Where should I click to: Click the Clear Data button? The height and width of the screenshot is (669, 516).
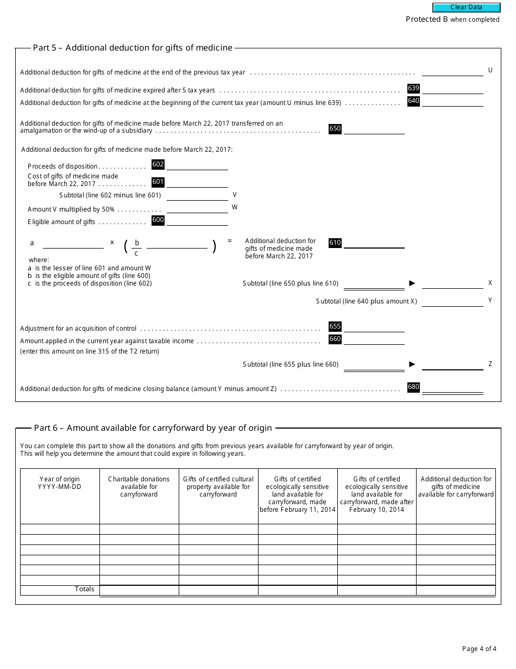(466, 8)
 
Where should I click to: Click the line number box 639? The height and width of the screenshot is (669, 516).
(413, 89)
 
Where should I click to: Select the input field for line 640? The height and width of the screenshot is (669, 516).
(452, 101)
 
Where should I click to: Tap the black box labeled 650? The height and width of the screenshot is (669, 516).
(335, 129)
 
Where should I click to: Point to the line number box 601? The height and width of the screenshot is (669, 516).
(158, 182)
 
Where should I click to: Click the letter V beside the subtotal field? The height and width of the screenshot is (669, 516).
(235, 195)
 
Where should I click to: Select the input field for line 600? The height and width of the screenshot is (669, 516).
(197, 220)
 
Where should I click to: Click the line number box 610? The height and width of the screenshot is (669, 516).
(335, 243)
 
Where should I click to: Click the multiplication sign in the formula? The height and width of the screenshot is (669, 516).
(112, 243)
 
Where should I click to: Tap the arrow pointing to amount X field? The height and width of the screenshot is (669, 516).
(412, 283)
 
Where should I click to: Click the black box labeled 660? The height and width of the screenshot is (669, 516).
(335, 339)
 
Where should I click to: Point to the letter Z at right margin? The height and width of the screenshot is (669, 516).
(490, 364)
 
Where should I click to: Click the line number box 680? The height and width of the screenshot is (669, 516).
(413, 387)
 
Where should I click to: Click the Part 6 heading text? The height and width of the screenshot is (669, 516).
(153, 428)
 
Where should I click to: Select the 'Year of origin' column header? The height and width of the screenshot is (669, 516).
(60, 483)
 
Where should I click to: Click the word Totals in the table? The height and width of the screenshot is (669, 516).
(84, 589)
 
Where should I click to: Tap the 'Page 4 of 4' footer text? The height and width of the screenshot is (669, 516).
(479, 649)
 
